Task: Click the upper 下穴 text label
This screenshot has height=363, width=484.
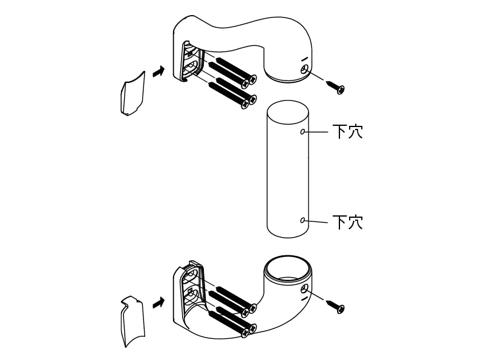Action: tap(347, 132)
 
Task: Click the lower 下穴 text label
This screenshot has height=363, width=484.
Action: tap(347, 222)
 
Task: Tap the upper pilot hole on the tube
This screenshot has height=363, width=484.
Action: tap(302, 132)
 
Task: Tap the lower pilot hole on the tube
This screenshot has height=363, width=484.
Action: tap(302, 220)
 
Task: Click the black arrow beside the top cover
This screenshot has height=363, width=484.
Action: tap(159, 72)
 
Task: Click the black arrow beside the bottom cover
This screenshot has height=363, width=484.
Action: tap(159, 303)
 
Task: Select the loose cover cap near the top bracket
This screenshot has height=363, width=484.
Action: tap(132, 94)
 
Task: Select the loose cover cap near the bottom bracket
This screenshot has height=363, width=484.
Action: tap(132, 321)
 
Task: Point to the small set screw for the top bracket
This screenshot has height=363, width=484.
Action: tap(335, 87)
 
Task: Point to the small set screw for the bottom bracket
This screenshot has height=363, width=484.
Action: tap(335, 306)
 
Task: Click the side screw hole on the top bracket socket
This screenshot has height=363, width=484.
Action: tap(305, 70)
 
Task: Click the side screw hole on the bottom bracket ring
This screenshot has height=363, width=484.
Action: tap(305, 289)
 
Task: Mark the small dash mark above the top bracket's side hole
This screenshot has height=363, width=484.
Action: tap(305, 58)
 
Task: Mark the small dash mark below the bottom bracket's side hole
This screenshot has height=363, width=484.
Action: tap(305, 298)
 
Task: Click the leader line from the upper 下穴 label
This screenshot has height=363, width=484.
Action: tap(316, 132)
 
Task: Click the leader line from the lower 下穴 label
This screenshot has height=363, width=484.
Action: tap(316, 221)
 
